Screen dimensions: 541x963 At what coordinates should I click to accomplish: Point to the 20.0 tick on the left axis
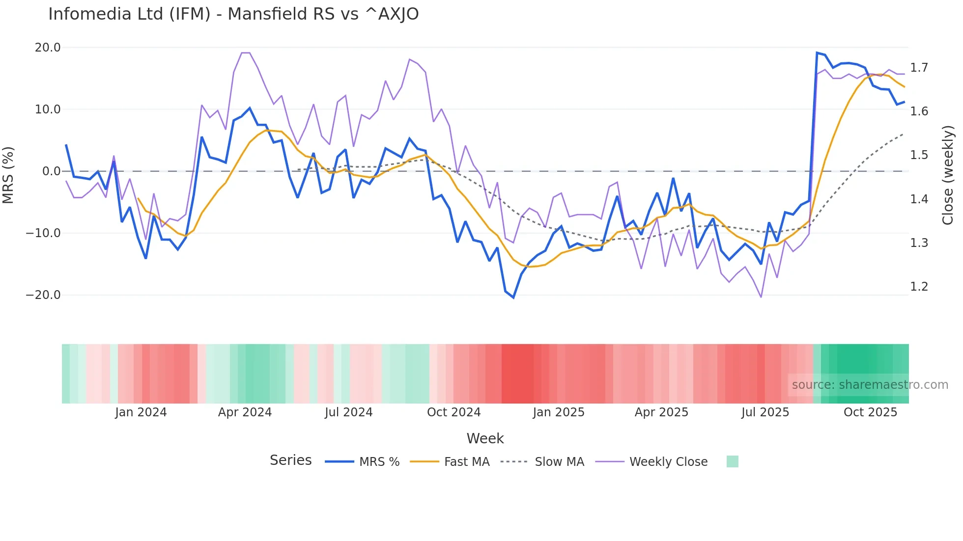(x=48, y=48)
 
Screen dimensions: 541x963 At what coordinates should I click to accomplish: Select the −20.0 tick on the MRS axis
(x=43, y=295)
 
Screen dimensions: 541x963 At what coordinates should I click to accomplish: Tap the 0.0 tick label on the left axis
(x=51, y=171)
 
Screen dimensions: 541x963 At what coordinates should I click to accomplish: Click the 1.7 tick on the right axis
(x=919, y=68)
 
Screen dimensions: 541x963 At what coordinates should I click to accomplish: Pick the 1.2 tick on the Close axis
(x=919, y=287)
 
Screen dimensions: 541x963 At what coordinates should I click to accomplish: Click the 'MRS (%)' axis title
(x=8, y=175)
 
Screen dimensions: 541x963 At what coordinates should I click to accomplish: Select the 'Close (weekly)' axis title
(x=948, y=175)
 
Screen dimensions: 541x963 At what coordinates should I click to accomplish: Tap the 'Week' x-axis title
(x=485, y=438)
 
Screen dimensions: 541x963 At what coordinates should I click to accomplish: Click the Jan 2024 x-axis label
(x=141, y=412)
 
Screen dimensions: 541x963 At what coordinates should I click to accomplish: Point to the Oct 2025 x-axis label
(x=870, y=412)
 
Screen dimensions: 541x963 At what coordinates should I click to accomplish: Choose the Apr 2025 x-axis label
(x=661, y=412)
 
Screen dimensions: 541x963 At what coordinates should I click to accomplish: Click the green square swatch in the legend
(x=732, y=461)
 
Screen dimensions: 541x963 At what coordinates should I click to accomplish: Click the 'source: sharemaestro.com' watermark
(x=870, y=385)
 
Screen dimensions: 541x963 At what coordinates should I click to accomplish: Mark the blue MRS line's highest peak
(x=817, y=53)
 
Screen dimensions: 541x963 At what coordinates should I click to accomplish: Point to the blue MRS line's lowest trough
(x=513, y=298)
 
